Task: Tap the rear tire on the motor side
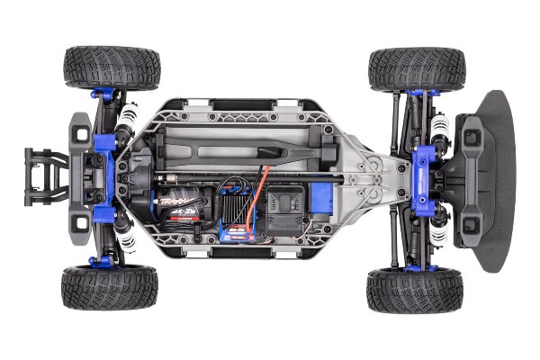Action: tap(110, 287)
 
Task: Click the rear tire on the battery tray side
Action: tap(112, 67)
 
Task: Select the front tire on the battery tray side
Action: tap(416, 68)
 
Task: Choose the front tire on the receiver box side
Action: tap(414, 289)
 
